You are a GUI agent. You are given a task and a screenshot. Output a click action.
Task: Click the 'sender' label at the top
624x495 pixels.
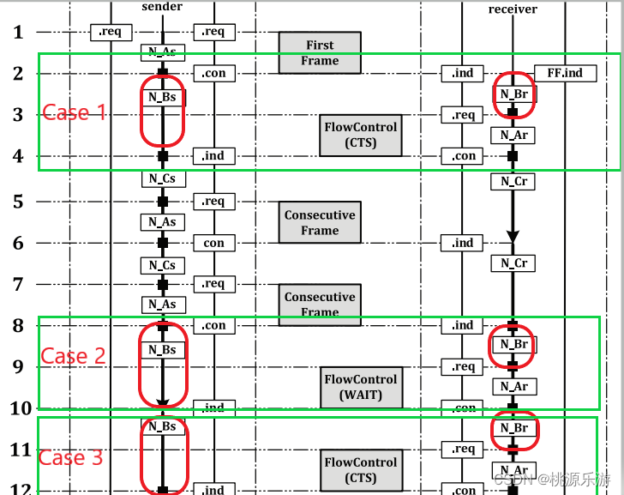point(161,7)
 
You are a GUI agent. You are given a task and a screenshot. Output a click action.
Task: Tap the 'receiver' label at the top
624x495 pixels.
point(513,9)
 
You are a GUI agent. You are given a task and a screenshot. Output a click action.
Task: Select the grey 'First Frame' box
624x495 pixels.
point(320,52)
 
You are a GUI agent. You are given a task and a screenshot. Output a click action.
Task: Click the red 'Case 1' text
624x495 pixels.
point(75,112)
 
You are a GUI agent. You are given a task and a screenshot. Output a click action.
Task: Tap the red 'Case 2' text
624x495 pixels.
point(74,356)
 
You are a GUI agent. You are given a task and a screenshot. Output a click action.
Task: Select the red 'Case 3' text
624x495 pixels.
point(72,457)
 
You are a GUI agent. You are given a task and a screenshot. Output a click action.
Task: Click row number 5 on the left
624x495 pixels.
point(18,202)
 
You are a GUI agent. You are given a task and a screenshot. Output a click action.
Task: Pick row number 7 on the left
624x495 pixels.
point(18,284)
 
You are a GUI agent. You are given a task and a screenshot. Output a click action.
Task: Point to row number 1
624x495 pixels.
point(18,33)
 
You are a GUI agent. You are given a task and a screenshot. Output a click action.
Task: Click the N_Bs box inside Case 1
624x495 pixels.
point(163,97)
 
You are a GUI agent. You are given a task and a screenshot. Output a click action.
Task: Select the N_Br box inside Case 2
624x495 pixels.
point(514,345)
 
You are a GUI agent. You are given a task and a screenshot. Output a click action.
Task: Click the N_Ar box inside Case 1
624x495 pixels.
point(513,135)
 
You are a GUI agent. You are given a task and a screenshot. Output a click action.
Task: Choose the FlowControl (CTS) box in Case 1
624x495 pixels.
point(361,135)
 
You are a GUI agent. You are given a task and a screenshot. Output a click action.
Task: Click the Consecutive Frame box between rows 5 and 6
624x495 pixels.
point(320,222)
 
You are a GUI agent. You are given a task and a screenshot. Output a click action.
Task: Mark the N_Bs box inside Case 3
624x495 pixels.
point(163,426)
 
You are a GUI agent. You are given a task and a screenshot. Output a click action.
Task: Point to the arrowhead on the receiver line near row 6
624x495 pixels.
point(513,235)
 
